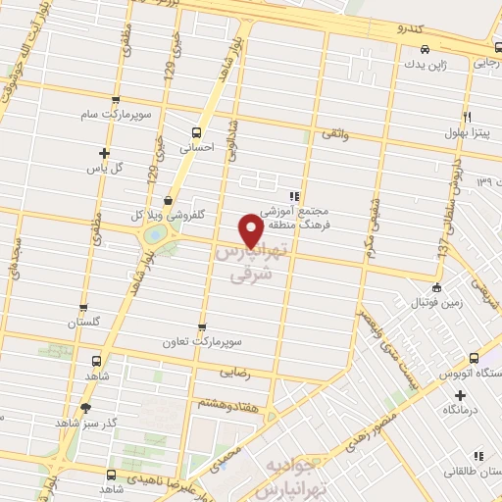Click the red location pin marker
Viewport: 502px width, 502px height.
pos(252,229)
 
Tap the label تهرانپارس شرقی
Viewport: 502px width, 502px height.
pos(249,264)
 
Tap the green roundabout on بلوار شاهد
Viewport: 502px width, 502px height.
pos(154,235)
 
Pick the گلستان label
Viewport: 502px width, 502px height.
pos(84,322)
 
